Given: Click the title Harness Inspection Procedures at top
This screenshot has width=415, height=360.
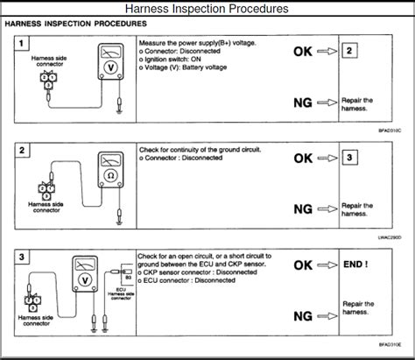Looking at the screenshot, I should point(207,10).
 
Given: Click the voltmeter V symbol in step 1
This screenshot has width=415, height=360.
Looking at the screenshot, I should point(110,76).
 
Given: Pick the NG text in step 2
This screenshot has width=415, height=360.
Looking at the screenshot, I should point(304,209).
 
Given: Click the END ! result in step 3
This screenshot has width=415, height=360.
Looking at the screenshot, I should point(355,264).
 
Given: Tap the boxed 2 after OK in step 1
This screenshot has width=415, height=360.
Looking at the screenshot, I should point(349,52).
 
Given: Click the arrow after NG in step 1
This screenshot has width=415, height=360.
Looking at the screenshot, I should point(326,104).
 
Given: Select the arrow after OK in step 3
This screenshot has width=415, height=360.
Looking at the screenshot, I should point(326,265).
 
